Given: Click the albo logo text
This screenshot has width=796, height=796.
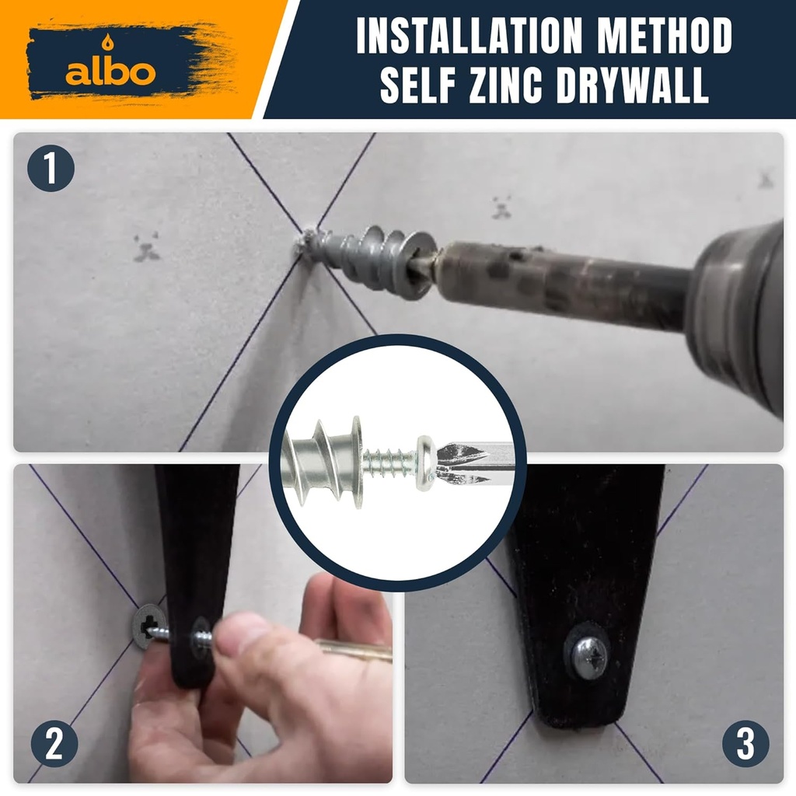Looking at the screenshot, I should point(110,72).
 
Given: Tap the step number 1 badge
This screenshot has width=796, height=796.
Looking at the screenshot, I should point(51,169).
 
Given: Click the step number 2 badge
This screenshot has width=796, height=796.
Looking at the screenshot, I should point(54,744).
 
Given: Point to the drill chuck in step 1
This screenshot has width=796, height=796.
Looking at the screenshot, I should point(738,311).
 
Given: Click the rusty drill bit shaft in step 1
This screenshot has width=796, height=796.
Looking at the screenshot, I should point(560,276).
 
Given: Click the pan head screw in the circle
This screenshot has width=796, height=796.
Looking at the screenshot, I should point(425,464).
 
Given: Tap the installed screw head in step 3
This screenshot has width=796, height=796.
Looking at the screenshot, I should point(589,658).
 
